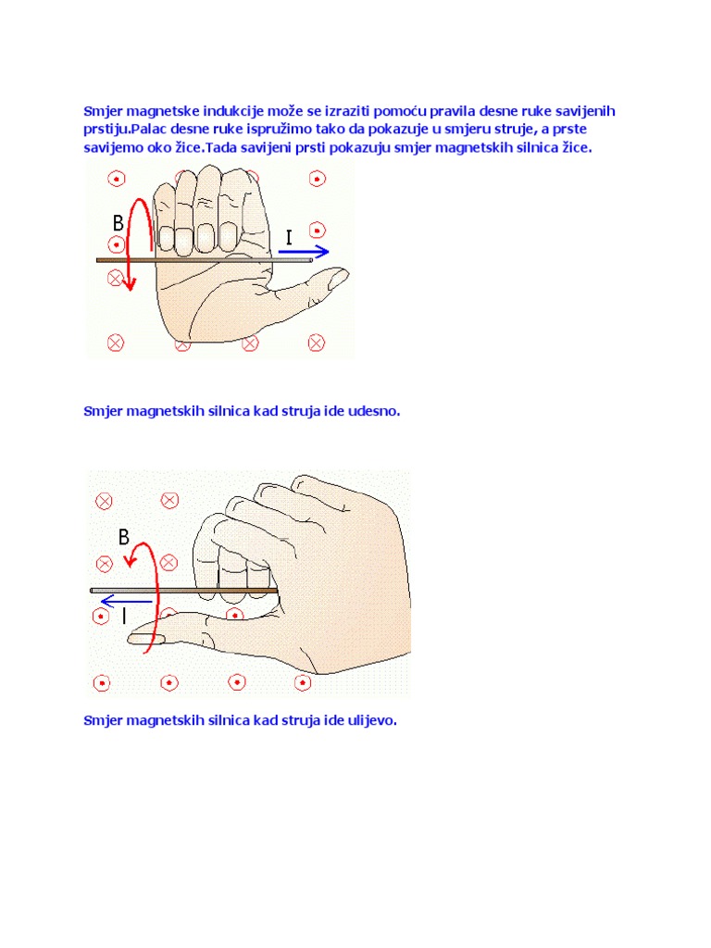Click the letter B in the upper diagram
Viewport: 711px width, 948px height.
[118, 223]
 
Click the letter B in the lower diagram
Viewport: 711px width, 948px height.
[124, 537]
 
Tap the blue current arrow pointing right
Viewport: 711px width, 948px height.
[304, 252]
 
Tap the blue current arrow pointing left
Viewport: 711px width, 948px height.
[126, 601]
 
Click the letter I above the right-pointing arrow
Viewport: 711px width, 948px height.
[289, 238]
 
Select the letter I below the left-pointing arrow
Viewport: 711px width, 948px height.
[124, 616]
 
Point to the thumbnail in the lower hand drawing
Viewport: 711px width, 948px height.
[143, 639]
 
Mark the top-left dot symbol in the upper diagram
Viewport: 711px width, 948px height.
[117, 179]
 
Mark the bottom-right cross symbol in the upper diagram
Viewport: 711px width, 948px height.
[317, 343]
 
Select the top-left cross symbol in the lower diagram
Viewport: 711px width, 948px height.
[104, 501]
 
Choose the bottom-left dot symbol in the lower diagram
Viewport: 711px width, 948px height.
[102, 683]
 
